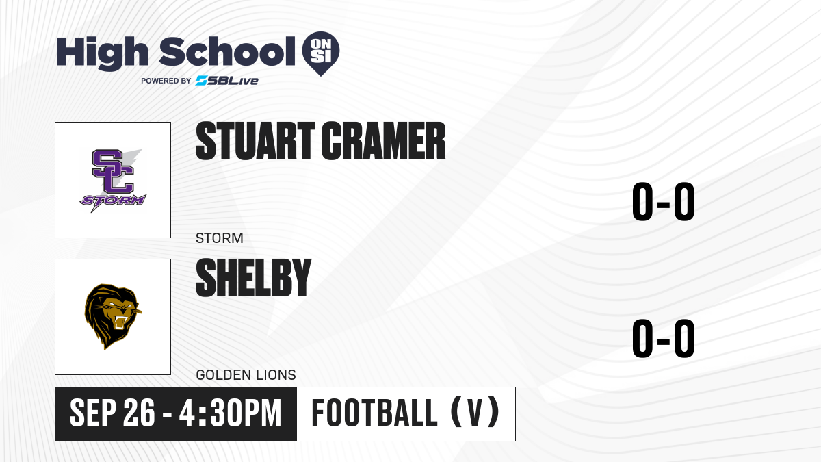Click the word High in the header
pyautogui.click(x=102, y=53)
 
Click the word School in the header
pyautogui.click(x=227, y=51)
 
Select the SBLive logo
pyautogui.click(x=227, y=81)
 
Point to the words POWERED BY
pyautogui.click(x=166, y=81)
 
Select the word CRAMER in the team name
pyautogui.click(x=383, y=141)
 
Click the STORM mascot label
pyautogui.click(x=220, y=238)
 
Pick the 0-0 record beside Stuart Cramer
pyautogui.click(x=664, y=201)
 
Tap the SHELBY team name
pyautogui.click(x=254, y=278)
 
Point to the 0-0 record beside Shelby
pyautogui.click(x=664, y=338)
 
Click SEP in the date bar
pyautogui.click(x=93, y=413)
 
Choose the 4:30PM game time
pyautogui.click(x=230, y=413)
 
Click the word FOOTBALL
pyautogui.click(x=374, y=413)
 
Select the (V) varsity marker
pyautogui.click(x=475, y=413)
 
